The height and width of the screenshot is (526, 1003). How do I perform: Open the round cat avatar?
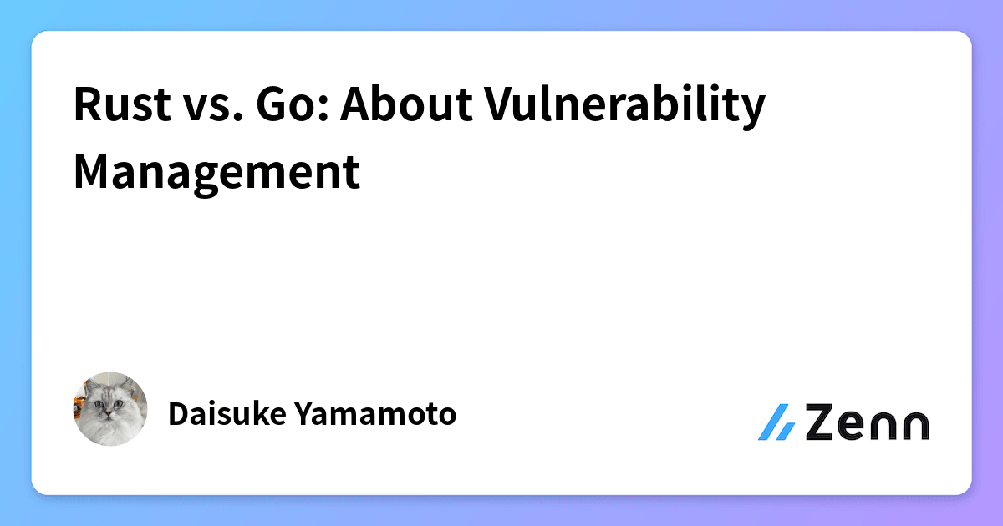click(x=110, y=409)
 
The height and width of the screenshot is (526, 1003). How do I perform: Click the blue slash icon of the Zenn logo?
click(x=776, y=422)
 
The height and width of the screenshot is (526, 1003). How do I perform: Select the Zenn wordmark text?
click(x=867, y=422)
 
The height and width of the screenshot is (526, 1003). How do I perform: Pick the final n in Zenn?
click(x=913, y=426)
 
